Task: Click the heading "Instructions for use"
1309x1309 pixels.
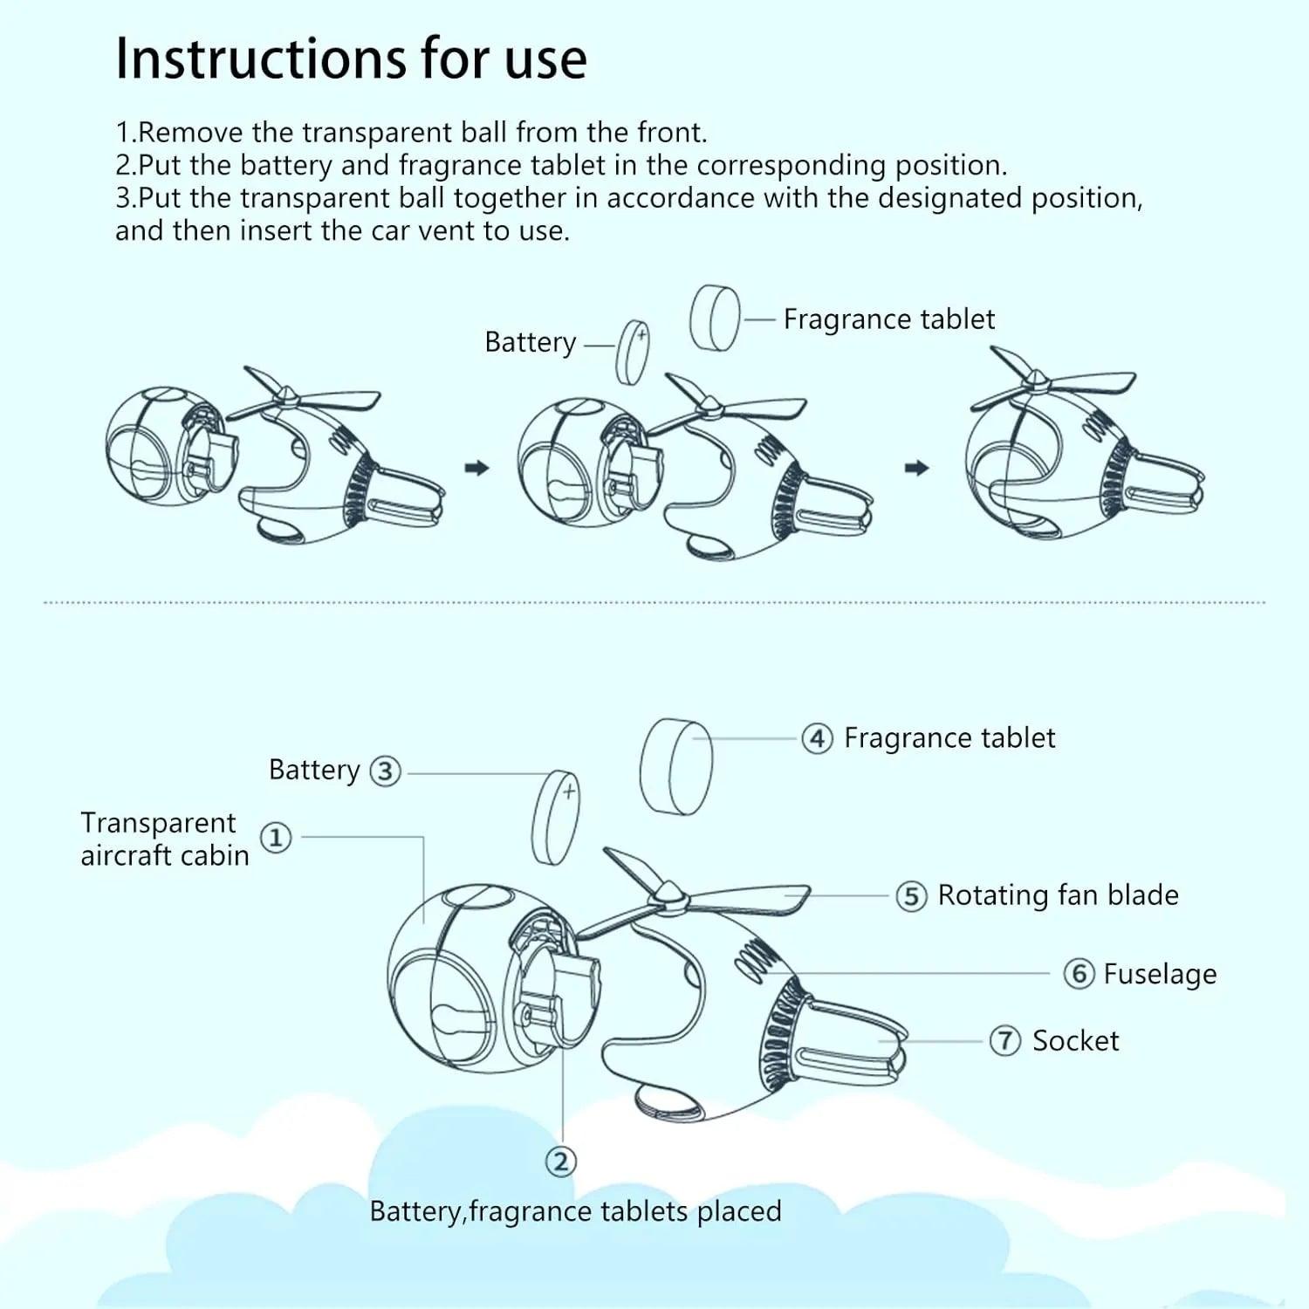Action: (351, 58)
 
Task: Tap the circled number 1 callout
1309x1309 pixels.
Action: (277, 838)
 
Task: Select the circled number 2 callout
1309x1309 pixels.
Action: (561, 1162)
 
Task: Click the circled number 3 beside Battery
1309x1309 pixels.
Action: (386, 771)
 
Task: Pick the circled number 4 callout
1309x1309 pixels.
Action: (817, 739)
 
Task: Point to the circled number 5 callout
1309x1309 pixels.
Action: (911, 896)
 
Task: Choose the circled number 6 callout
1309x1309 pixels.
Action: (1079, 973)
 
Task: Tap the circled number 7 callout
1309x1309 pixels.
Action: (1005, 1040)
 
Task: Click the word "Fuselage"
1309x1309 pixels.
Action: (1160, 974)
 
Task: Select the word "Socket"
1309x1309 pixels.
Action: (1075, 1040)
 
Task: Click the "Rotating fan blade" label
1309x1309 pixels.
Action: (1058, 895)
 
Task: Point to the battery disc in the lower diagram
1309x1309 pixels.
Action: (556, 817)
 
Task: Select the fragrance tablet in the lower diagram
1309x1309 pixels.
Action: (675, 767)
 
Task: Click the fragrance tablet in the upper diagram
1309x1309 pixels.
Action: (715, 317)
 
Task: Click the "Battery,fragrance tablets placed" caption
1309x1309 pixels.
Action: (576, 1211)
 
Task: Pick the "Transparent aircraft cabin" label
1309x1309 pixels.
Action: (165, 839)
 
